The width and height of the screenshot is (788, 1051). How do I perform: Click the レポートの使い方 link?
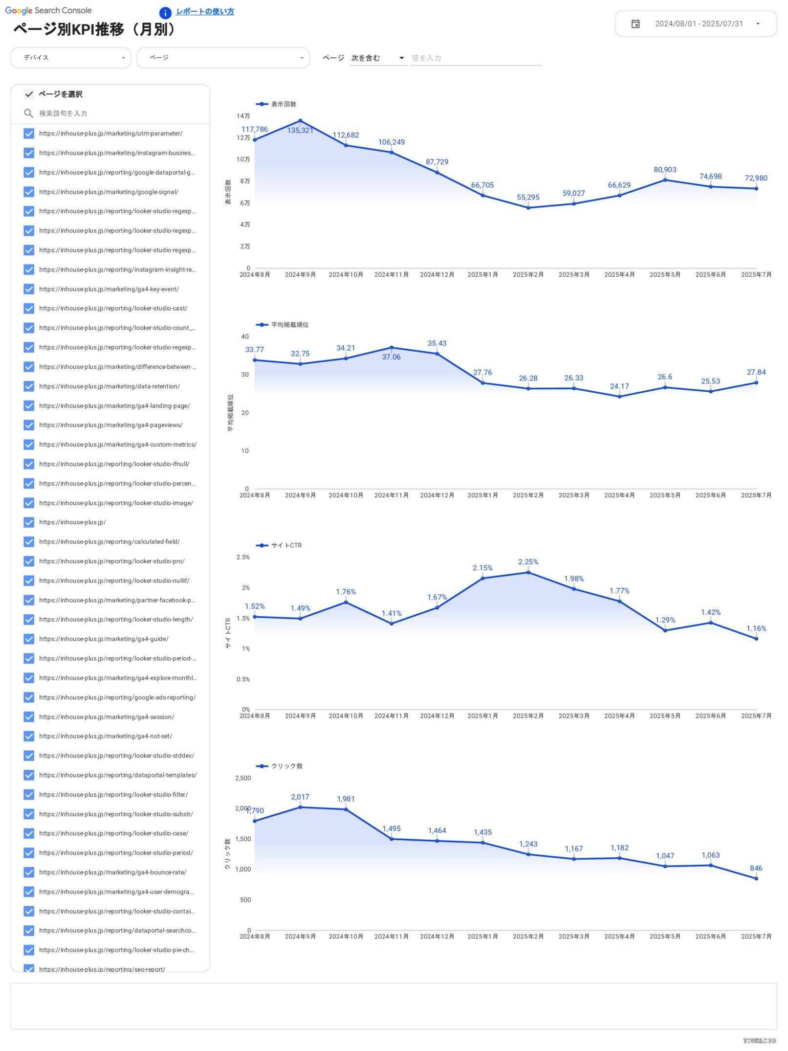[x=204, y=12]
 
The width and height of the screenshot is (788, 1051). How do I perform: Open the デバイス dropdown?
[x=71, y=58]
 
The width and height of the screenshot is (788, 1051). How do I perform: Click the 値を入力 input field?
[x=475, y=58]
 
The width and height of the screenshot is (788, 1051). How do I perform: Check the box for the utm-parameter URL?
[x=29, y=134]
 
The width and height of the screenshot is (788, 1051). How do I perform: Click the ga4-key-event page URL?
[x=109, y=290]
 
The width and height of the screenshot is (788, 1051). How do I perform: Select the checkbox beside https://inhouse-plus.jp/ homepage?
[x=29, y=523]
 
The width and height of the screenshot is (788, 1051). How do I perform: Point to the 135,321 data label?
[x=300, y=131]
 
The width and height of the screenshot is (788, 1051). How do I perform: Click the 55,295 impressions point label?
[x=528, y=198]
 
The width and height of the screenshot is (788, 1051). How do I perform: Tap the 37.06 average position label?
[x=391, y=358]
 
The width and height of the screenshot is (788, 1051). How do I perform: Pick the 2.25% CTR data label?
[x=528, y=562]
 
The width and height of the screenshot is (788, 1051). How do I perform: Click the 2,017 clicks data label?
[x=300, y=797]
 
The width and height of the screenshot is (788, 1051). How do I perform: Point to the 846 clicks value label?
[x=756, y=869]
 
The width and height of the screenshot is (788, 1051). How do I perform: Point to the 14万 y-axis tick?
[x=243, y=116]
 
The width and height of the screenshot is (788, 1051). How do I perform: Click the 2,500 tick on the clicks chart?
[x=243, y=779]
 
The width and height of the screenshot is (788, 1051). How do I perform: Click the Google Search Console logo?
[x=48, y=10]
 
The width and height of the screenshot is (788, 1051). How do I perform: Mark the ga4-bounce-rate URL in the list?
[x=29, y=872]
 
